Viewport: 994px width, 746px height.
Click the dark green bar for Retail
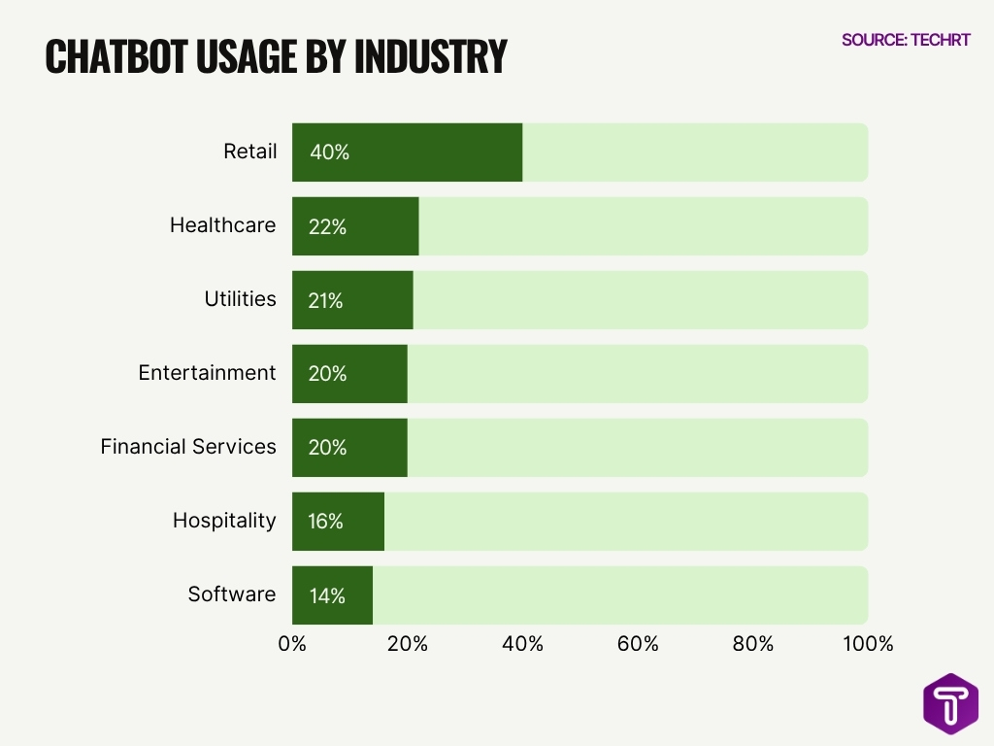click(408, 153)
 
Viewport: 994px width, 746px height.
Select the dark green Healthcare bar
click(355, 226)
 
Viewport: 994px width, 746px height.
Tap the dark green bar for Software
click(332, 595)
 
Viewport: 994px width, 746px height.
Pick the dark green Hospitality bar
click(338, 522)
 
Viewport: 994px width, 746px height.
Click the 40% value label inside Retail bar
click(329, 153)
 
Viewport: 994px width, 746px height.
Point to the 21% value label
click(326, 300)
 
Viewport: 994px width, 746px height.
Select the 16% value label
click(326, 522)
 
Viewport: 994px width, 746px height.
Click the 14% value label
click(327, 595)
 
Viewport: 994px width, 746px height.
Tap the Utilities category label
click(240, 299)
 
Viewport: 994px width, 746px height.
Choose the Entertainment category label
click(207, 373)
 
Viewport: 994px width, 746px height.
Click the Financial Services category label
click(188, 447)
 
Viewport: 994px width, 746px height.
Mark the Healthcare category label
click(222, 225)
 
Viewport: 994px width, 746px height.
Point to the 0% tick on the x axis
click(292, 644)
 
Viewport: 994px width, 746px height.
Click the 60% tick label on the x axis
click(638, 644)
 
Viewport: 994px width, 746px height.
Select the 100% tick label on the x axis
click(867, 644)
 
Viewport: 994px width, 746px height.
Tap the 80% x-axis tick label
click(753, 644)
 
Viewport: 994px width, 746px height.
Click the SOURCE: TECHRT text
click(906, 40)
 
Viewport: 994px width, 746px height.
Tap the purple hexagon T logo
click(950, 703)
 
